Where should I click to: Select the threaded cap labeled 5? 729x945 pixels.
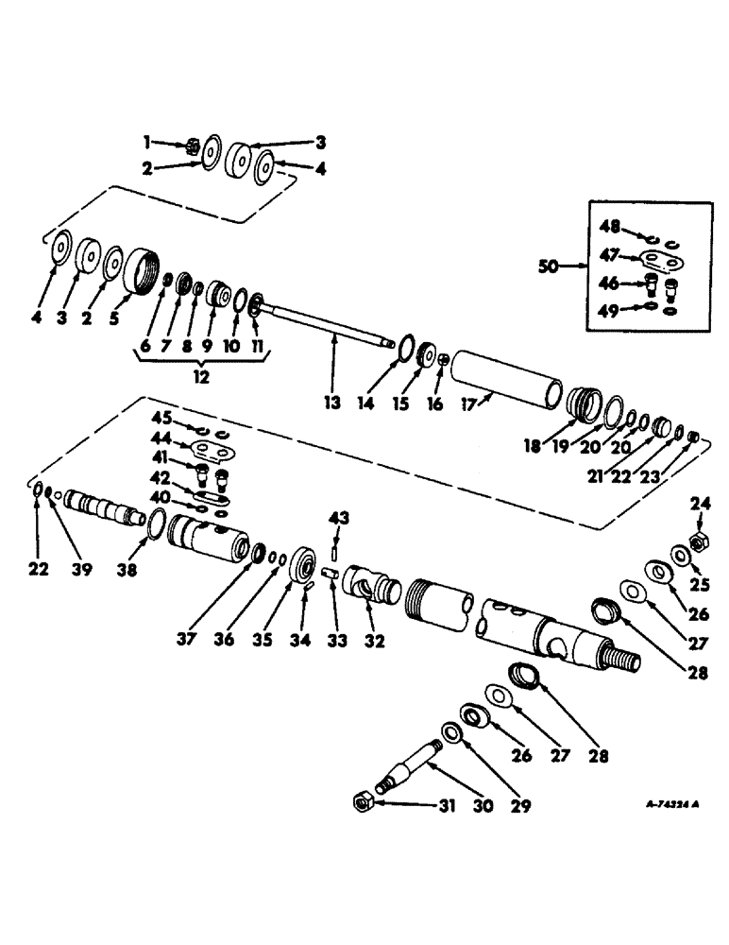coord(143,270)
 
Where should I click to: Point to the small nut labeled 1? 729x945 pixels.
coord(188,144)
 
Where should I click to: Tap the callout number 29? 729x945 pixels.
coord(519,807)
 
